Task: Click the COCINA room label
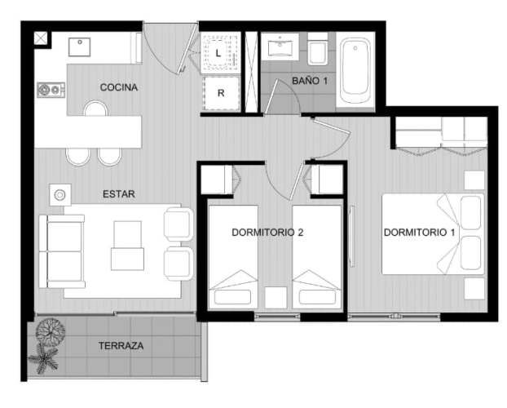pos(119,87)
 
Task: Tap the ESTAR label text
pos(119,194)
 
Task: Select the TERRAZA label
pos(121,346)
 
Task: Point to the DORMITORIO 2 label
pos(267,233)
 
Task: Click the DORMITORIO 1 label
pos(419,233)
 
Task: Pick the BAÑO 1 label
pos(310,81)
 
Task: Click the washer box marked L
pos(220,53)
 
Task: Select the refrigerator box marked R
pos(221,93)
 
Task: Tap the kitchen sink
pos(79,47)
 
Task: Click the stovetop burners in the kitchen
pos(51,90)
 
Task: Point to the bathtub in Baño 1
pos(355,70)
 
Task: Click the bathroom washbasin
pos(280,47)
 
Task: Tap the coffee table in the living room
pos(127,246)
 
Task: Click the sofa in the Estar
pos(62,251)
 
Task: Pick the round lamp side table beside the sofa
pos(60,195)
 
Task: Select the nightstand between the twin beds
pos(276,297)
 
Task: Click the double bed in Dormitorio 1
pos(433,234)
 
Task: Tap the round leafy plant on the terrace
pos(50,332)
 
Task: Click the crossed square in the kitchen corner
pos(41,38)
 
